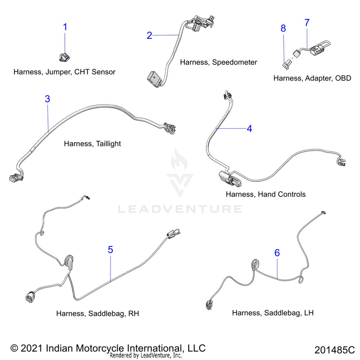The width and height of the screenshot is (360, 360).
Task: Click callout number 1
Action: pyautogui.click(x=66, y=27)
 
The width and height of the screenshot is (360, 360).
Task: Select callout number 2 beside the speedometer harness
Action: pyautogui.click(x=149, y=35)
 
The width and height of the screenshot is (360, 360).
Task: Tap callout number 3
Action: pyautogui.click(x=48, y=99)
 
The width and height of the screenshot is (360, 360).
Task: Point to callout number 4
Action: pyautogui.click(x=249, y=128)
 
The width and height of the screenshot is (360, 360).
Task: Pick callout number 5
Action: pyautogui.click(x=110, y=250)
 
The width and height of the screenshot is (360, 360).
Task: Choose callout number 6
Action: pyautogui.click(x=277, y=252)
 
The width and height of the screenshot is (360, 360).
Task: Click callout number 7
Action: pyautogui.click(x=307, y=23)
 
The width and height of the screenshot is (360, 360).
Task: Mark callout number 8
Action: pyautogui.click(x=283, y=28)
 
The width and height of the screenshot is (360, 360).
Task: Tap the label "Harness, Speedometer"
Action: pyautogui.click(x=218, y=62)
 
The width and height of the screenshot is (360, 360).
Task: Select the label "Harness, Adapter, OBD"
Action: pyautogui.click(x=312, y=78)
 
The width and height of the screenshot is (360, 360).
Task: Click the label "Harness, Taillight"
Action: pyautogui.click(x=92, y=144)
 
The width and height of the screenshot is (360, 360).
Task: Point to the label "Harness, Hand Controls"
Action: pyautogui.click(x=265, y=194)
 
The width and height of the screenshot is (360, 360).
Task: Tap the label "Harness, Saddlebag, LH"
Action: pyautogui.click(x=273, y=313)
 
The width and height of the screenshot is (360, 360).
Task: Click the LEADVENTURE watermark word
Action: pyautogui.click(x=180, y=209)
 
